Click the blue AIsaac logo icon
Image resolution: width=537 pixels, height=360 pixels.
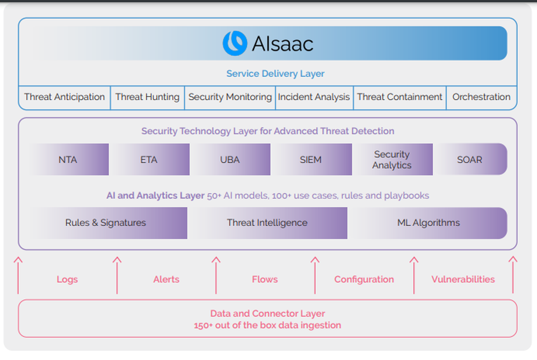click(x=235, y=43)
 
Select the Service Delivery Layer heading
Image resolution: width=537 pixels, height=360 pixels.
click(x=275, y=74)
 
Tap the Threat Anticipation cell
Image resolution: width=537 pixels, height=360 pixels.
click(x=64, y=97)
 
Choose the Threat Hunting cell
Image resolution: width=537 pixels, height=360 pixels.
click(x=147, y=97)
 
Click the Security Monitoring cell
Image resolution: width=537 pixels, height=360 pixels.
click(x=230, y=97)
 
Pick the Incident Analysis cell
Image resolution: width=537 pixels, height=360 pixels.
click(x=314, y=97)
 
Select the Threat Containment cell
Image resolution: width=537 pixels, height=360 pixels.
click(x=400, y=97)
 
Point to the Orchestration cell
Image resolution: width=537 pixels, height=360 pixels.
click(x=482, y=97)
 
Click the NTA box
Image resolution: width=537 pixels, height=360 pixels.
click(x=69, y=159)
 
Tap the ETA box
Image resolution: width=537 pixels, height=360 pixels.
click(x=149, y=159)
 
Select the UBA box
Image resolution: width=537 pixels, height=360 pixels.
click(x=230, y=159)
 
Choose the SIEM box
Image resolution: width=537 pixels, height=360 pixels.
click(x=311, y=159)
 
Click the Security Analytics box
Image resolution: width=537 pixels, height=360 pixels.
click(x=393, y=159)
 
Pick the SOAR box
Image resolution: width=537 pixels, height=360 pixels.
click(x=470, y=159)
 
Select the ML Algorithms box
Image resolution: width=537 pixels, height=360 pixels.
click(x=428, y=223)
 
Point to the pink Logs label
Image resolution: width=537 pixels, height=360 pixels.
click(x=68, y=280)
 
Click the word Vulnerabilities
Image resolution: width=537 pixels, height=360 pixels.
click(x=463, y=279)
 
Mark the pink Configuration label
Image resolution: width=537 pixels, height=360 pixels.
click(x=364, y=280)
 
